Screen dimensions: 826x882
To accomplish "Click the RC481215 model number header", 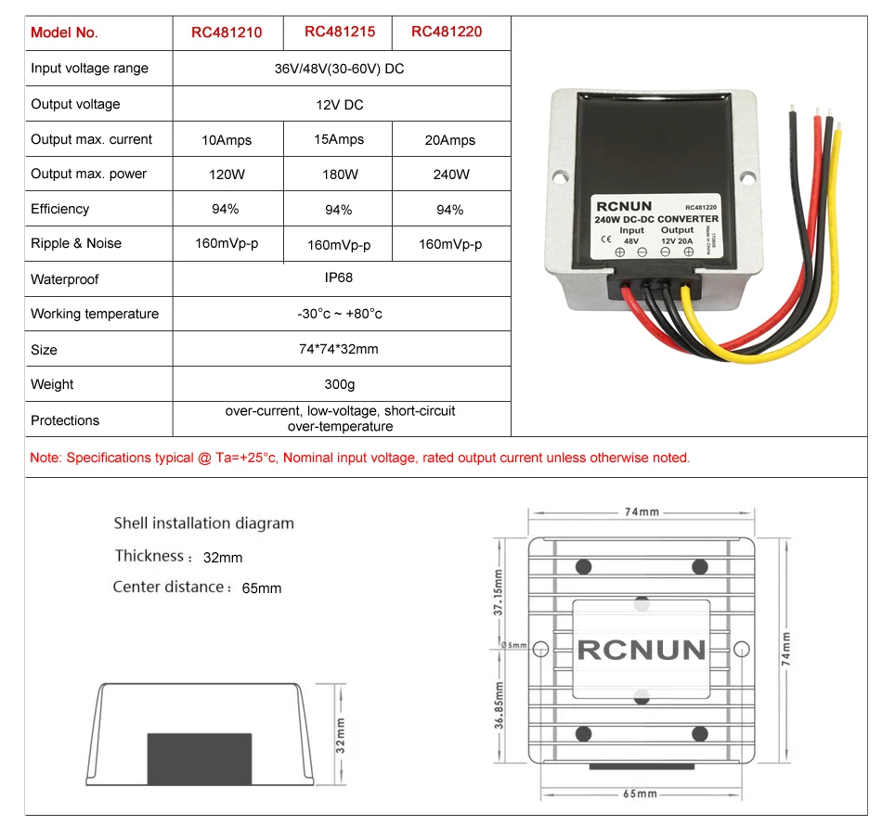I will [340, 32].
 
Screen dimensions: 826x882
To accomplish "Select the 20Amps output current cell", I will [449, 140].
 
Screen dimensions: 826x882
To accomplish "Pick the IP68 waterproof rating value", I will [340, 277].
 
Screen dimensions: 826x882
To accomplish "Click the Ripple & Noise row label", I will [76, 243].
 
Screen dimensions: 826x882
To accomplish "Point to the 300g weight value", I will [340, 384].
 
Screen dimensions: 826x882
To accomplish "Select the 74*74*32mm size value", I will [340, 349].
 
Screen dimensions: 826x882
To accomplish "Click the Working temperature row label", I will [95, 314].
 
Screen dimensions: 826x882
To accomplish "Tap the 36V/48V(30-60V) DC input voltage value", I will [340, 69].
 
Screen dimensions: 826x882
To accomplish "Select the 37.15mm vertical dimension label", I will [499, 593].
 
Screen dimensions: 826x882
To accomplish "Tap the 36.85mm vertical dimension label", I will [499, 706].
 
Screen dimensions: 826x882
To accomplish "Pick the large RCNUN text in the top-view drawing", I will [641, 649].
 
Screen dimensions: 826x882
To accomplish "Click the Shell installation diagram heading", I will [203, 523].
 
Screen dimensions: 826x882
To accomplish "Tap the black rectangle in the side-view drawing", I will [200, 757].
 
